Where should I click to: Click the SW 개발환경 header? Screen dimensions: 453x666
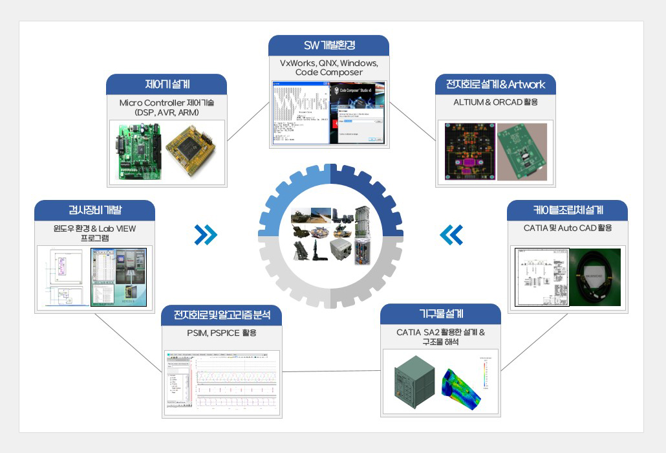pos(329,45)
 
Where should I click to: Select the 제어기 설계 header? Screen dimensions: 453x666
pos(166,84)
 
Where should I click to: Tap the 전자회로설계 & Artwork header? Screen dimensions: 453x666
pos(495,84)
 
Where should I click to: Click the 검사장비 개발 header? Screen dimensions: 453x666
pos(94,210)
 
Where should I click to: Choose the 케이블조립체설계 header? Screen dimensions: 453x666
pos(568,210)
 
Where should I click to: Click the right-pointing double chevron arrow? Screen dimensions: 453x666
pos(206,235)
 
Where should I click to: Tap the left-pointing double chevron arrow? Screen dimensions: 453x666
pos(451,235)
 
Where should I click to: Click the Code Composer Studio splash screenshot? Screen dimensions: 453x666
pos(358,113)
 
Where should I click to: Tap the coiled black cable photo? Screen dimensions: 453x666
pos(594,277)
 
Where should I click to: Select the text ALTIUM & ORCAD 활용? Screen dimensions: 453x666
pos(495,102)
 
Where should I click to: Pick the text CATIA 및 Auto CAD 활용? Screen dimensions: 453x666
pos(568,228)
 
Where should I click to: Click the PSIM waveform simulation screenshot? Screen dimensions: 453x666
pos(222,383)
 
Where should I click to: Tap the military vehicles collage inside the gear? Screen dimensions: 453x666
pos(330,234)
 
